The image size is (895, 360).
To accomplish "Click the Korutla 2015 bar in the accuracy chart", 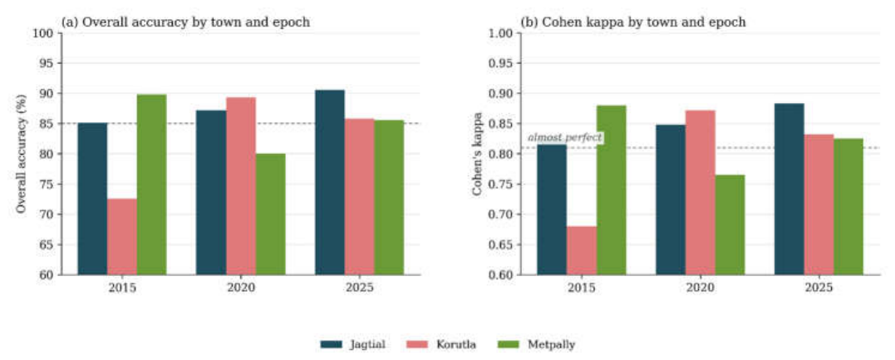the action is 122,237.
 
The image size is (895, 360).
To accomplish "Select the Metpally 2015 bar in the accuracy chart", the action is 152,185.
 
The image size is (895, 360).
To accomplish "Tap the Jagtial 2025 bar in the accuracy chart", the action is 330,182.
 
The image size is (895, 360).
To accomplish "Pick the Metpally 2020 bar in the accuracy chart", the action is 271,215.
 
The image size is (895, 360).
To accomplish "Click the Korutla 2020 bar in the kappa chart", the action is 701,193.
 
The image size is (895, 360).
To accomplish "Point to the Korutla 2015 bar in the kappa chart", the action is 582,251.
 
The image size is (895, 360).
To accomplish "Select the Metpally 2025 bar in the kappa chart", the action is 848,207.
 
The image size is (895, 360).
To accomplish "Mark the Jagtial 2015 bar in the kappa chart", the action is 552,210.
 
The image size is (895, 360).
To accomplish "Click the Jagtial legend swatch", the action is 331,344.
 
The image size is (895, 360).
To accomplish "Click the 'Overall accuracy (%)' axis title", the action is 21,154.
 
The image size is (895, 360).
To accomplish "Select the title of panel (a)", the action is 185,22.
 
